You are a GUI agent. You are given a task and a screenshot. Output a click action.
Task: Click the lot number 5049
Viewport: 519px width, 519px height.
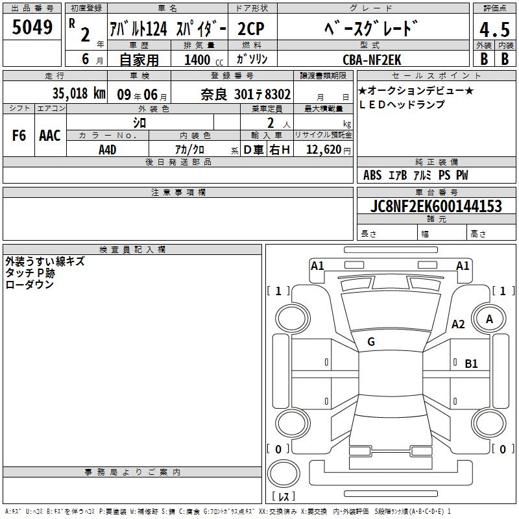(32, 27)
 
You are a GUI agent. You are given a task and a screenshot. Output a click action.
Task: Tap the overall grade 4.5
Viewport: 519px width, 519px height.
(494, 30)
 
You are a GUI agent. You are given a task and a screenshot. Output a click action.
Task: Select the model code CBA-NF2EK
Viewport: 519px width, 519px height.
(372, 60)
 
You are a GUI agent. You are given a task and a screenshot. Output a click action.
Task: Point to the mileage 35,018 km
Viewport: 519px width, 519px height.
(78, 93)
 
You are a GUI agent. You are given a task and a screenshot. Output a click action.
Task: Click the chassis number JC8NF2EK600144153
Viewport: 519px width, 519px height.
(436, 206)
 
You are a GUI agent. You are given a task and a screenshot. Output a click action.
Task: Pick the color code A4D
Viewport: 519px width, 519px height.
(107, 150)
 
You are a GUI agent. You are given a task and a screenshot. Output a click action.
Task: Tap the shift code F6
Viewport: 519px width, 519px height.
(19, 136)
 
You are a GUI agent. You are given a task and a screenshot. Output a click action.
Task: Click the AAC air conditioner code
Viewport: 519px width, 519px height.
(50, 136)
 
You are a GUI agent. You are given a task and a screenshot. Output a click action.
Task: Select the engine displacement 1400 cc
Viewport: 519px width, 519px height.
(204, 60)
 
